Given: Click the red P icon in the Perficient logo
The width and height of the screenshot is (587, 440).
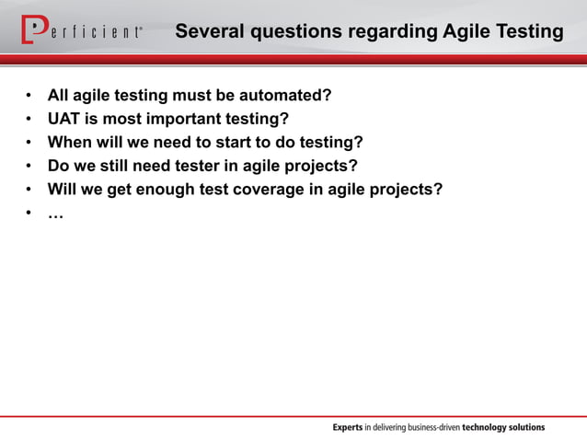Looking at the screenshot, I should click(x=32, y=30).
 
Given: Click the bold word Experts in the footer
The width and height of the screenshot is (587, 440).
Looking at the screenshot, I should click(x=348, y=427).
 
